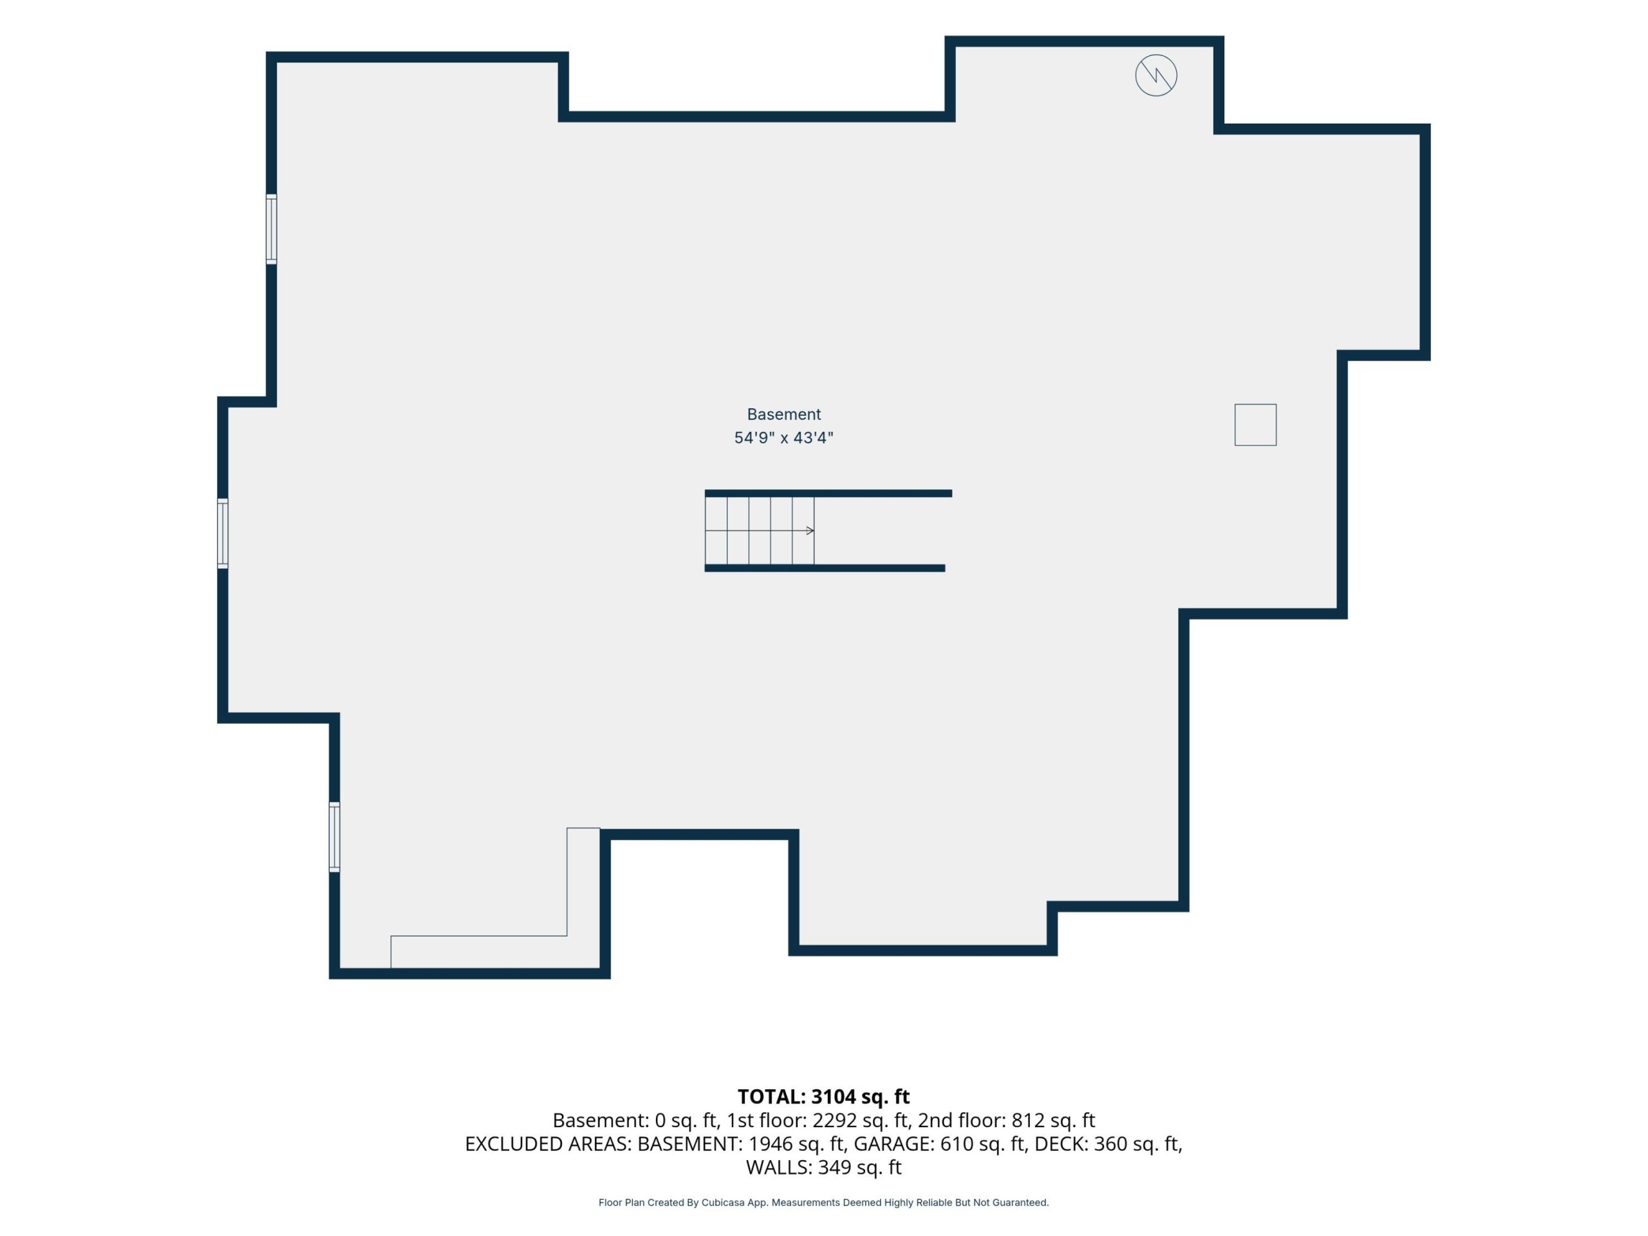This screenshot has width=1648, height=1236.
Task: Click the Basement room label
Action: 784,414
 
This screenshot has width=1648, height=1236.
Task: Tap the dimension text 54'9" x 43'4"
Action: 784,438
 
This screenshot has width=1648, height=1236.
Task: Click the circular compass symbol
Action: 1156,75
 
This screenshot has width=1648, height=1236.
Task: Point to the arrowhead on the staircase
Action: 810,530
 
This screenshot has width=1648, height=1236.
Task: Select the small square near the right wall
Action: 1255,425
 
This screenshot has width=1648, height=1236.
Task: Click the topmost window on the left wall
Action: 271,229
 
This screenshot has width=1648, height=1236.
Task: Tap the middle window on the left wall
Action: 222,534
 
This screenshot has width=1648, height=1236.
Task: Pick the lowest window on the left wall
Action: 335,837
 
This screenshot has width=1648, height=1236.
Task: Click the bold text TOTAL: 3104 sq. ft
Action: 823,1097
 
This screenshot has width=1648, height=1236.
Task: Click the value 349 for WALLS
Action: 834,1168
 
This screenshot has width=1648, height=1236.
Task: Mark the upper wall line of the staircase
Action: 829,493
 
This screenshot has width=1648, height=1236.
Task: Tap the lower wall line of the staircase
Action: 825,568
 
